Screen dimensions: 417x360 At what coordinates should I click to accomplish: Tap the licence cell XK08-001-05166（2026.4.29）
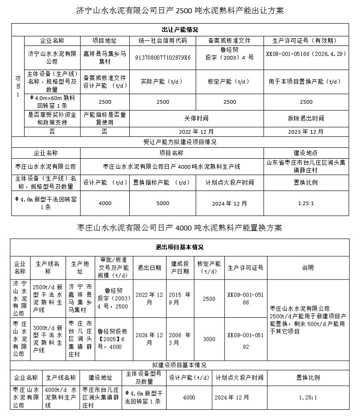click(306, 53)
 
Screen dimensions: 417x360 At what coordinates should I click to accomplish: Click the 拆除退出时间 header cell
click(306, 118)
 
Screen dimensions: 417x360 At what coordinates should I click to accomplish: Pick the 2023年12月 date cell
click(306, 131)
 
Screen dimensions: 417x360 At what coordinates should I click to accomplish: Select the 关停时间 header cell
click(196, 118)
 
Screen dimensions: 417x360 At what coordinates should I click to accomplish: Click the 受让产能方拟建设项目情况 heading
click(180, 142)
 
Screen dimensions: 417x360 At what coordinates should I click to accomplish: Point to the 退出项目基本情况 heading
click(180, 247)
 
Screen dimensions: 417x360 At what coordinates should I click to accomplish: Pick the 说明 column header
click(308, 268)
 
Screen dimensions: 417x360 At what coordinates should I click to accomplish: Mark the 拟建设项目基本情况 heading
click(180, 365)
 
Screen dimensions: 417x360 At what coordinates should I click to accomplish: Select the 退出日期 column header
click(149, 268)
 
